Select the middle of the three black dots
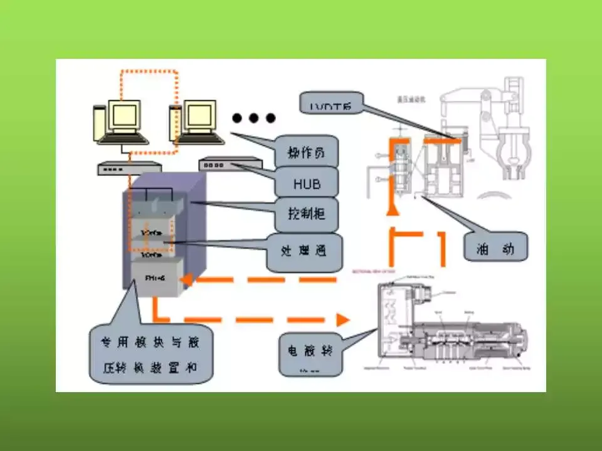click(254, 118)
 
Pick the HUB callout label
click(307, 184)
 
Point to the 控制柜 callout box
click(307, 215)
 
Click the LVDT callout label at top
click(330, 104)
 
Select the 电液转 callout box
click(312, 352)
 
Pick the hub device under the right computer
click(230, 164)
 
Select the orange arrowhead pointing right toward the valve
click(342, 319)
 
